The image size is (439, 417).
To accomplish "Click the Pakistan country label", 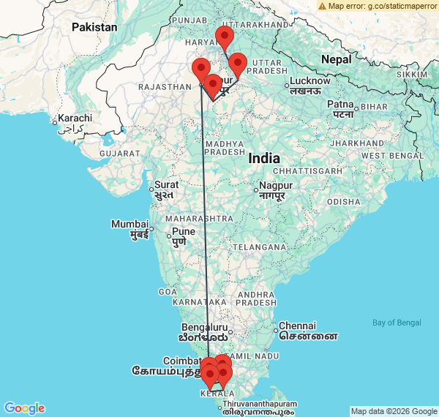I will click(x=94, y=27).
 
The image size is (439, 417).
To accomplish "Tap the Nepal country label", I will click(x=337, y=59).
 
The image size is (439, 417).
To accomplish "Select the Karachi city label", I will click(x=75, y=119).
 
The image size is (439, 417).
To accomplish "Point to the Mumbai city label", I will click(x=129, y=224).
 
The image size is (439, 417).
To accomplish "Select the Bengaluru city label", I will click(x=205, y=327).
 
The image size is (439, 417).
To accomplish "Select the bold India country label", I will click(x=263, y=158).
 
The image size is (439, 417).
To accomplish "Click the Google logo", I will click(x=24, y=407).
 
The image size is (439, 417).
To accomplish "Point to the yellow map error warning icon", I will click(x=323, y=6).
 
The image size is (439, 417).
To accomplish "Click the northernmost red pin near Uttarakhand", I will click(x=225, y=37).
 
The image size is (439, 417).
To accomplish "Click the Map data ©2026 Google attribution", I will click(x=393, y=411).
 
